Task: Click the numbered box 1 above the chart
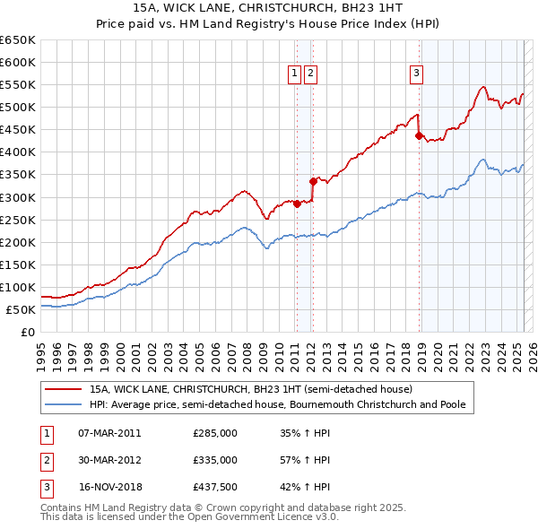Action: coord(294,74)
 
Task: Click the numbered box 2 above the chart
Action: coord(310,74)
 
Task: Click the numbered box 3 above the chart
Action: coord(417,74)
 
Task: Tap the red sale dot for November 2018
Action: coord(419,135)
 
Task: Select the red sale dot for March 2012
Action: coord(313,181)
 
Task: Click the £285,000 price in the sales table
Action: coord(215,432)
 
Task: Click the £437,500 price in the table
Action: coord(215,488)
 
